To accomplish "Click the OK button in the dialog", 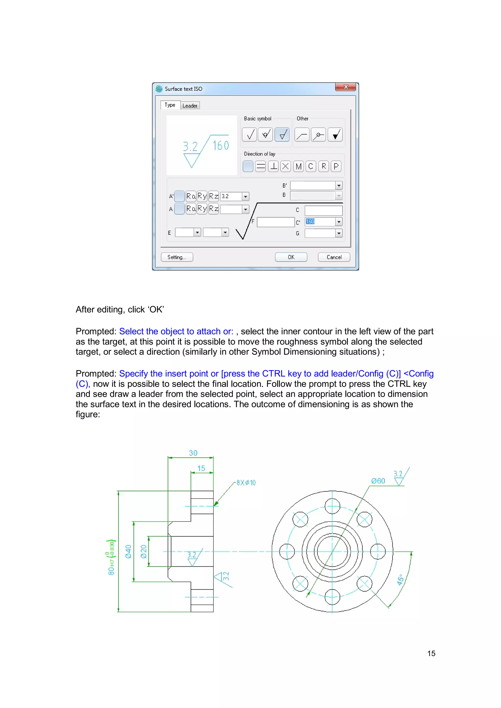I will [291, 257].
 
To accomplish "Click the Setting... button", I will [177, 257].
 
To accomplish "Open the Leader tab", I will [190, 106].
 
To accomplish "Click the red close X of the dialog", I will [345, 87].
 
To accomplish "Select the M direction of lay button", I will [298, 167].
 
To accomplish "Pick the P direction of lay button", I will [336, 167].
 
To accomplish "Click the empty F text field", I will [275, 222].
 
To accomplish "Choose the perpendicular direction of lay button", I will [273, 167].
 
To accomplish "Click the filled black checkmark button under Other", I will [335, 135].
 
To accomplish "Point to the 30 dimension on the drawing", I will [193, 453].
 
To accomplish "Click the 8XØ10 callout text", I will [246, 483].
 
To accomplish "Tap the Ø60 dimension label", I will [378, 481].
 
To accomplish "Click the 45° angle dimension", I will [400, 580].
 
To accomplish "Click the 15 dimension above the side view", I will [201, 468].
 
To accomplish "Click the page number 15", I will [431, 653].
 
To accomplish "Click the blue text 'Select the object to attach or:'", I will [176, 331].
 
